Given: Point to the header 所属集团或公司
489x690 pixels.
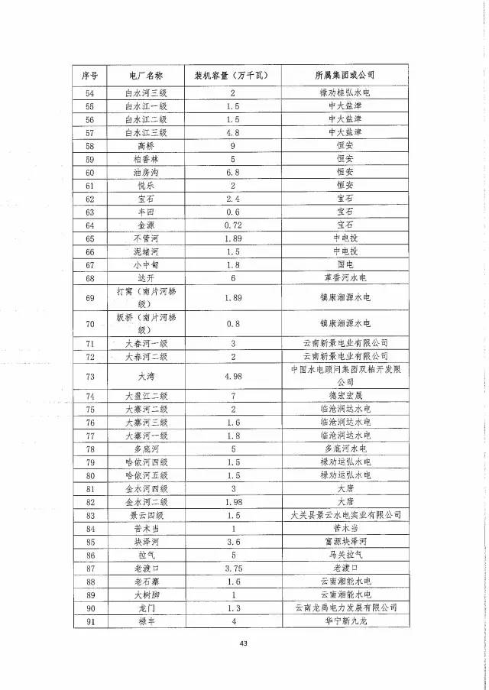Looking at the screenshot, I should click(345, 76).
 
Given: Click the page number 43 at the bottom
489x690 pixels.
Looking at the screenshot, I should click(244, 643).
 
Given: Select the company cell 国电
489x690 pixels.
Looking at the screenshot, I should click(345, 264).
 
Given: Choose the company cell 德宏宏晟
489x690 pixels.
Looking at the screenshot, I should click(345, 397).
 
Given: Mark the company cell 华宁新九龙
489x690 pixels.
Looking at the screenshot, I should click(345, 620).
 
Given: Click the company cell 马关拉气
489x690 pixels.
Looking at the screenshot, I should click(345, 555).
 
